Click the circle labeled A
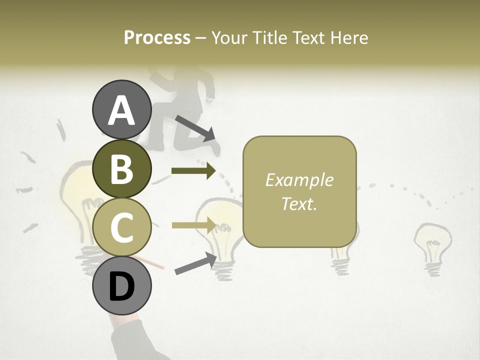(x=121, y=109)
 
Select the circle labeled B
(x=121, y=168)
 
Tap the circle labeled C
(x=121, y=226)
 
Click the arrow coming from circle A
(x=195, y=127)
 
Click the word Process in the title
(x=157, y=37)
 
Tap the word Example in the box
(x=299, y=180)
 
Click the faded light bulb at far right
(x=432, y=247)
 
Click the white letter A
(x=121, y=110)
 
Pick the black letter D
(x=121, y=286)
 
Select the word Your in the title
(x=230, y=37)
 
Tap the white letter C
(x=121, y=227)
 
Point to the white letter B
(x=121, y=169)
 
